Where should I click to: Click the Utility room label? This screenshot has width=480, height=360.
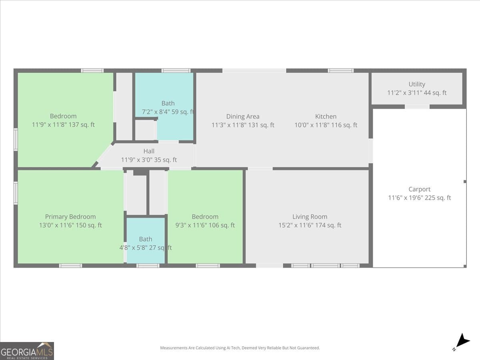[x=417, y=84]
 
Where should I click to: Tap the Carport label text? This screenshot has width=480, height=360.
[x=419, y=189]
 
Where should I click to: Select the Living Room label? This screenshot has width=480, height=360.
[x=310, y=217]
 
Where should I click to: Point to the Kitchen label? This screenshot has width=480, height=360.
[x=326, y=116]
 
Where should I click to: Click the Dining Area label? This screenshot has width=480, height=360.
[x=243, y=116]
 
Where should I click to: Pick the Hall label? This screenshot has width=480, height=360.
[x=149, y=151]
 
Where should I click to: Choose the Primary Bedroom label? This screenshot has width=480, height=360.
[x=70, y=217]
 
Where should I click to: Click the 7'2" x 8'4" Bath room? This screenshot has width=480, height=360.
[x=168, y=103]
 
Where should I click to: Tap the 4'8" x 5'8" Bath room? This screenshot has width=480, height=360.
[x=146, y=239]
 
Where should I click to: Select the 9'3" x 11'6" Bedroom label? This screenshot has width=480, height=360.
[x=205, y=217]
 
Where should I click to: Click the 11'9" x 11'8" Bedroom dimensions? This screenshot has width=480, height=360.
[x=63, y=125]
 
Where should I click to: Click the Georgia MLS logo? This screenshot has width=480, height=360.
[x=27, y=351]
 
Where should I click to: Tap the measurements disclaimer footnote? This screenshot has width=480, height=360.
[x=240, y=348]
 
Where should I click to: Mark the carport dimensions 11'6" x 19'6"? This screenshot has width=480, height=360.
[x=419, y=198]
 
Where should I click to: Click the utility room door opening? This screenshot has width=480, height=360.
[x=417, y=107]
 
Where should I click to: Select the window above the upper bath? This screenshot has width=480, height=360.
[x=176, y=71]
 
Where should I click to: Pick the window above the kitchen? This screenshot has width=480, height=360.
[x=340, y=71]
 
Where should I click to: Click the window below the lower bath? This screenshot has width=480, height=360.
[x=148, y=266]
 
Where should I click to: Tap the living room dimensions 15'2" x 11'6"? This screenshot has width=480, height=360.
[x=310, y=225]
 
